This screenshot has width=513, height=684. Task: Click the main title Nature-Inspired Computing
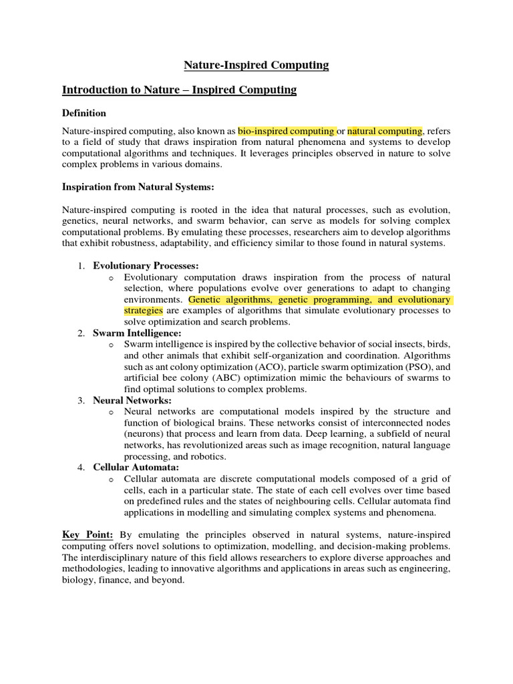pyautogui.click(x=256, y=65)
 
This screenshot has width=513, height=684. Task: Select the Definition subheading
pyautogui.click(x=84, y=113)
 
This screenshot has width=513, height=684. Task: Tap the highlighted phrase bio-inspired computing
pyautogui.click(x=286, y=131)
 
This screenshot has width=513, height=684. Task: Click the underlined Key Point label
pyautogui.click(x=88, y=534)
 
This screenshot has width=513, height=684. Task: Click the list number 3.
pyautogui.click(x=79, y=400)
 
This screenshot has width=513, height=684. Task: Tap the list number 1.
pyautogui.click(x=79, y=266)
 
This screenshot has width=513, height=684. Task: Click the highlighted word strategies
pyautogui.click(x=143, y=311)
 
